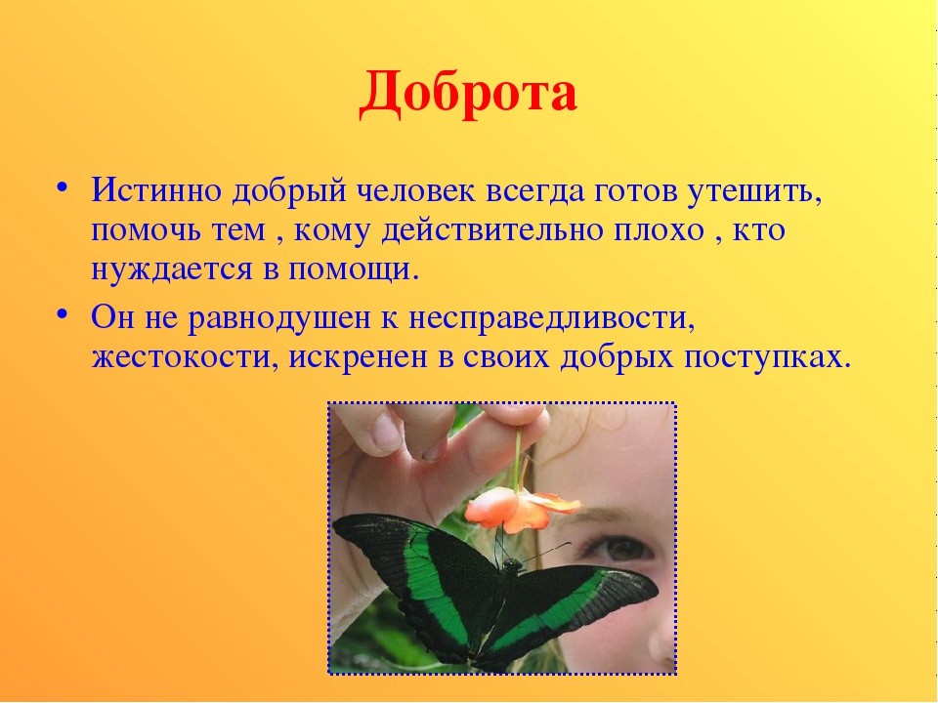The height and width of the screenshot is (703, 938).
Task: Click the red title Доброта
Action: (x=468, y=94)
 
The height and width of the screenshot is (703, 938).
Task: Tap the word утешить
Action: (x=753, y=191)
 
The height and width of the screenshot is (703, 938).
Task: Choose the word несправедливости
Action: (x=551, y=318)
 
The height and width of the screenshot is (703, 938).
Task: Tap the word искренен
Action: (x=358, y=357)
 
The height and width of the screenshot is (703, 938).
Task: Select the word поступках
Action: (x=767, y=357)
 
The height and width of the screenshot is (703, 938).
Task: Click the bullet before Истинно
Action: (x=62, y=187)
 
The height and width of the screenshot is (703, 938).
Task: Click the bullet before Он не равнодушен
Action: (x=62, y=314)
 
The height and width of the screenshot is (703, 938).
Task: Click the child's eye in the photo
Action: (x=620, y=547)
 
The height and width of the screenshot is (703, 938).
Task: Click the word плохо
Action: (x=659, y=230)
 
